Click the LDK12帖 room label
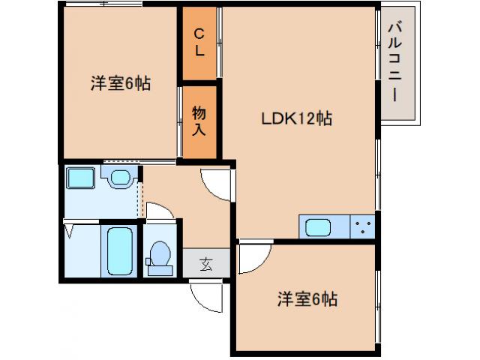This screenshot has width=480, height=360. tap(296, 118)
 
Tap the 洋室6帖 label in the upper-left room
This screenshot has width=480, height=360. tap(121, 84)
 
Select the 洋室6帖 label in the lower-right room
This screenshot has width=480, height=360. tap(307, 299)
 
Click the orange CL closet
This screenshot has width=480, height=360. tap(199, 43)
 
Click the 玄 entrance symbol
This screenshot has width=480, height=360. tap(205, 263)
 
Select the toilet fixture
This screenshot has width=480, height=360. tap(159, 254)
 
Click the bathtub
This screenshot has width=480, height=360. tap(120, 250)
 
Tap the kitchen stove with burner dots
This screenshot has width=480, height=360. tap(364, 226)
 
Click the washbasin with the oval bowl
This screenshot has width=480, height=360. tap(119, 178)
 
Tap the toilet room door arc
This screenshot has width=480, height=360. tap(159, 211)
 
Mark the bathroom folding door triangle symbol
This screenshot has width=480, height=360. tap(70, 229)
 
